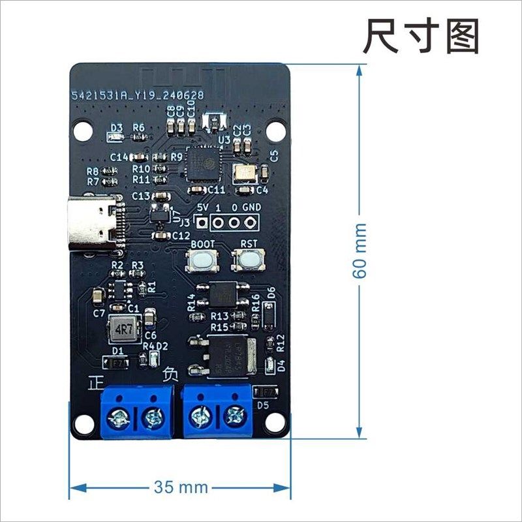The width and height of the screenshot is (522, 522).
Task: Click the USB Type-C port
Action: point(97,223)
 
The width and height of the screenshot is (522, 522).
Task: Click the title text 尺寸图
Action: point(421,35)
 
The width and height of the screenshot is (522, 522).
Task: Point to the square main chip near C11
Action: point(202,164)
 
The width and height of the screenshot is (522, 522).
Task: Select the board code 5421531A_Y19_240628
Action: point(138,96)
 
